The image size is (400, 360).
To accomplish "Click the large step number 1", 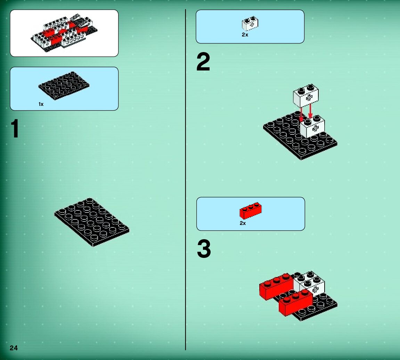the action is pyautogui.click(x=15, y=129).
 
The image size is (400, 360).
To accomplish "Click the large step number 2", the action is pyautogui.click(x=203, y=61).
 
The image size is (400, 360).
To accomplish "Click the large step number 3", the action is pyautogui.click(x=204, y=249).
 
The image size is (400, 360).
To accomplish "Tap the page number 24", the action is pyautogui.click(x=14, y=348).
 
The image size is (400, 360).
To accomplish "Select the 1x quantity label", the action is pyautogui.click(x=41, y=104).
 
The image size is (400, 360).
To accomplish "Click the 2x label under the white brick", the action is pyautogui.click(x=245, y=35).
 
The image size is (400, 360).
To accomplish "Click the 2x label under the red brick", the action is pyautogui.click(x=243, y=223).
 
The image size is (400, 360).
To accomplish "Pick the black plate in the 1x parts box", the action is pyautogui.click(x=64, y=85).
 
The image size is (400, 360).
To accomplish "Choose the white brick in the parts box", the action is pyautogui.click(x=250, y=24).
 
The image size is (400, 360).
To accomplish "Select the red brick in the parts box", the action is pyautogui.click(x=251, y=211).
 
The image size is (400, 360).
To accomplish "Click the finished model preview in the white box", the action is pyautogui.click(x=64, y=33).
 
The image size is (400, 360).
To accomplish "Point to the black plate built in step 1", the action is pyautogui.click(x=92, y=222).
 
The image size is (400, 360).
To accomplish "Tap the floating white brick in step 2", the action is pyautogui.click(x=305, y=95).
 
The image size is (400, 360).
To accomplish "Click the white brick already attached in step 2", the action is pyautogui.click(x=312, y=127).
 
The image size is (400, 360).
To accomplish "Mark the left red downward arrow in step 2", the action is pyautogui.click(x=301, y=114).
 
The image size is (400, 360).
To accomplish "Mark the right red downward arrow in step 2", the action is pyautogui.click(x=310, y=111).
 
